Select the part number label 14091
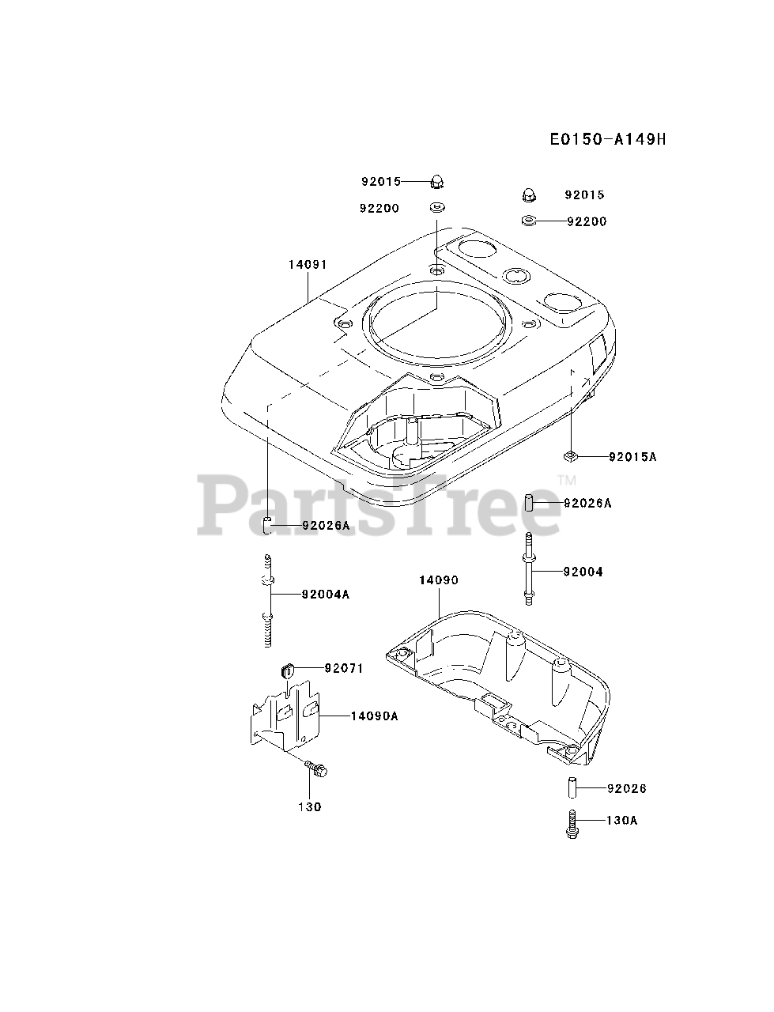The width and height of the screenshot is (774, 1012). point(308,265)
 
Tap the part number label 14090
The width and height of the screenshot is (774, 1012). point(438,580)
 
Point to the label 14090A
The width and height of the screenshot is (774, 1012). point(375,716)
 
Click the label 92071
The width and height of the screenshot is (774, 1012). point(344,668)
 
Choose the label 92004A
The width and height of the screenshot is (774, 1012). point(324,595)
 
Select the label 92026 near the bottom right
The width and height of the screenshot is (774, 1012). point(627,788)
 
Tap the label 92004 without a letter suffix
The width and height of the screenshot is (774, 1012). point(583,572)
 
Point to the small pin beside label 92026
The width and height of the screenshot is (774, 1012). point(571,788)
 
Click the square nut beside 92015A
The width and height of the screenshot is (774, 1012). point(572,455)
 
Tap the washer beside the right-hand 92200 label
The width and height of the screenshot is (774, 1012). point(529,221)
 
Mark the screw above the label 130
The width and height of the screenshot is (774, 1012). point(318,767)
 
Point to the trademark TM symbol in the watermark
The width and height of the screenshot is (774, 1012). point(567,480)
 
